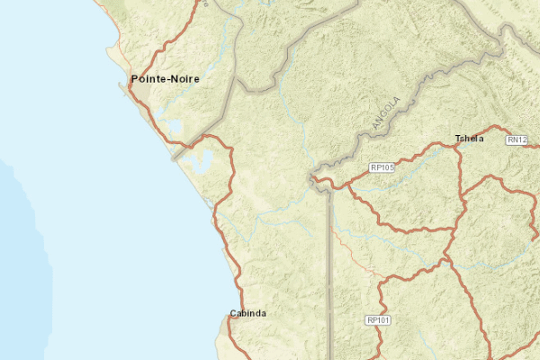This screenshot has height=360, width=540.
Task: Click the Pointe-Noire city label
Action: tap(165, 79)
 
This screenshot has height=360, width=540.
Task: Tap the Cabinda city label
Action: tap(247, 313)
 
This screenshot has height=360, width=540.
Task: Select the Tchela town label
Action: tap(470, 139)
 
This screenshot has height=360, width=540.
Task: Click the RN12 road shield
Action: tap(517, 139)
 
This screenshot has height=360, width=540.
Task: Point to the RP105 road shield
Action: tap(382, 167)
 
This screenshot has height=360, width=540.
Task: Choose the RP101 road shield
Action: tap(378, 319)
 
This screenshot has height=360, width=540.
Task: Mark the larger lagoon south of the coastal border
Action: tap(199, 162)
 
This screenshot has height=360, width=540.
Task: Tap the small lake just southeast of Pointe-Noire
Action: tap(173, 126)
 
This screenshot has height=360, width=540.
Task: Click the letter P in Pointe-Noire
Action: tap(135, 79)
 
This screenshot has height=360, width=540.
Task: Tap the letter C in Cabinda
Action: tap(233, 313)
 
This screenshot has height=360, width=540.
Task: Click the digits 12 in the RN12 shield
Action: tap(521, 139)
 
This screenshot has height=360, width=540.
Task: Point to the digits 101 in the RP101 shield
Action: tap(382, 319)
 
